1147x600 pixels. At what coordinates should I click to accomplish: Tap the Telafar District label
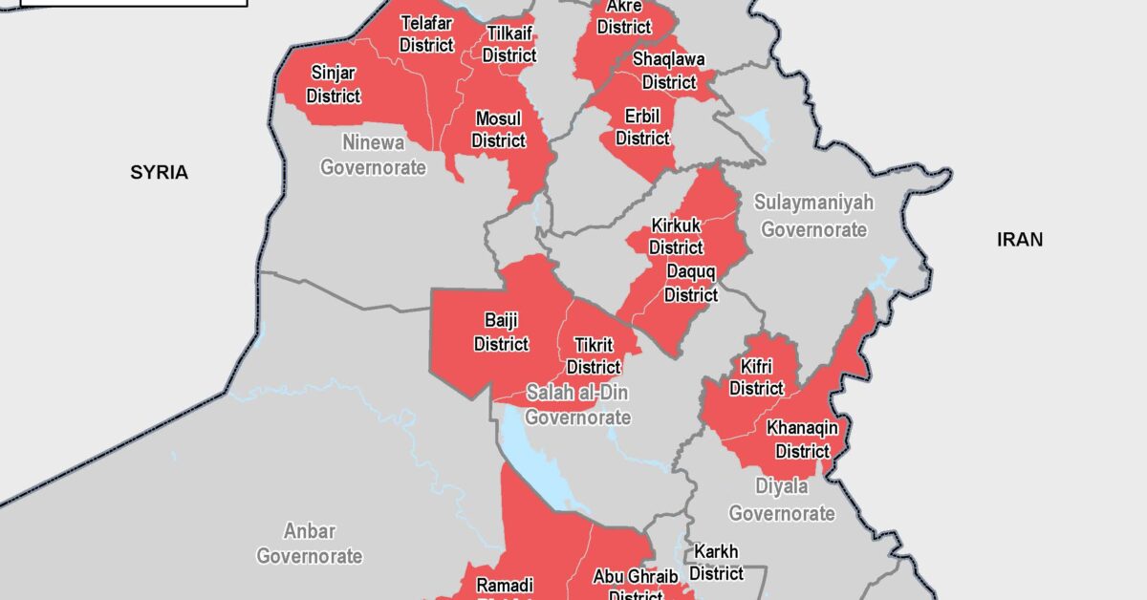click(x=426, y=33)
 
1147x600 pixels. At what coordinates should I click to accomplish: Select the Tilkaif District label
click(x=509, y=45)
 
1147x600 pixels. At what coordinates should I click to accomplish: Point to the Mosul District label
click(x=498, y=130)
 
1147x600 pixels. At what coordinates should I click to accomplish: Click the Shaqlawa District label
click(x=669, y=71)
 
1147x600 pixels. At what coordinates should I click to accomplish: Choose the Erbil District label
click(x=642, y=127)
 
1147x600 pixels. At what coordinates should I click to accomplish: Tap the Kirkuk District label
click(x=676, y=236)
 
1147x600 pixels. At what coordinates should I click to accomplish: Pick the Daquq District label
click(x=690, y=284)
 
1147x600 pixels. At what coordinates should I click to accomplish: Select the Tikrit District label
click(x=594, y=355)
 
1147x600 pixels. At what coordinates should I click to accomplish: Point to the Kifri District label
click(x=756, y=377)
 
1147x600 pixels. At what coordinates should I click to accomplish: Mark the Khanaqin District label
click(x=802, y=439)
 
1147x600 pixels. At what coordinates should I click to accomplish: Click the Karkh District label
click(x=716, y=563)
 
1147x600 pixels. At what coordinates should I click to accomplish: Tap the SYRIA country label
click(x=160, y=173)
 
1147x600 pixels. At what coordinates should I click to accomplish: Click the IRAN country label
click(x=1020, y=240)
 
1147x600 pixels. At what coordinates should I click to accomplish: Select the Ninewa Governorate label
click(x=373, y=155)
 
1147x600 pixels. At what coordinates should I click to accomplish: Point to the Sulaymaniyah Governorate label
click(x=813, y=216)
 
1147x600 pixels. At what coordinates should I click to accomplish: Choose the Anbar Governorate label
click(x=309, y=544)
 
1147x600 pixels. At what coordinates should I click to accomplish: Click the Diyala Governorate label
click(x=782, y=500)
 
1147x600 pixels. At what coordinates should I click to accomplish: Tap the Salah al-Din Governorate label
click(x=577, y=405)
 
